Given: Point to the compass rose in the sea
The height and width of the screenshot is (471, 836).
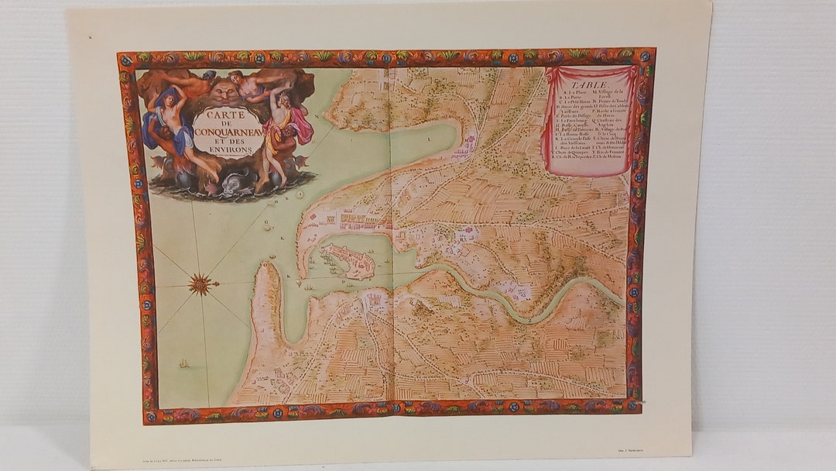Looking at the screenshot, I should click(202, 284).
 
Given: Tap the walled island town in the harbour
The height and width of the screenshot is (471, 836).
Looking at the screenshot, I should click(348, 262).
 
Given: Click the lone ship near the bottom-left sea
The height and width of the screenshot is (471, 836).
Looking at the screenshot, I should click(183, 363).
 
